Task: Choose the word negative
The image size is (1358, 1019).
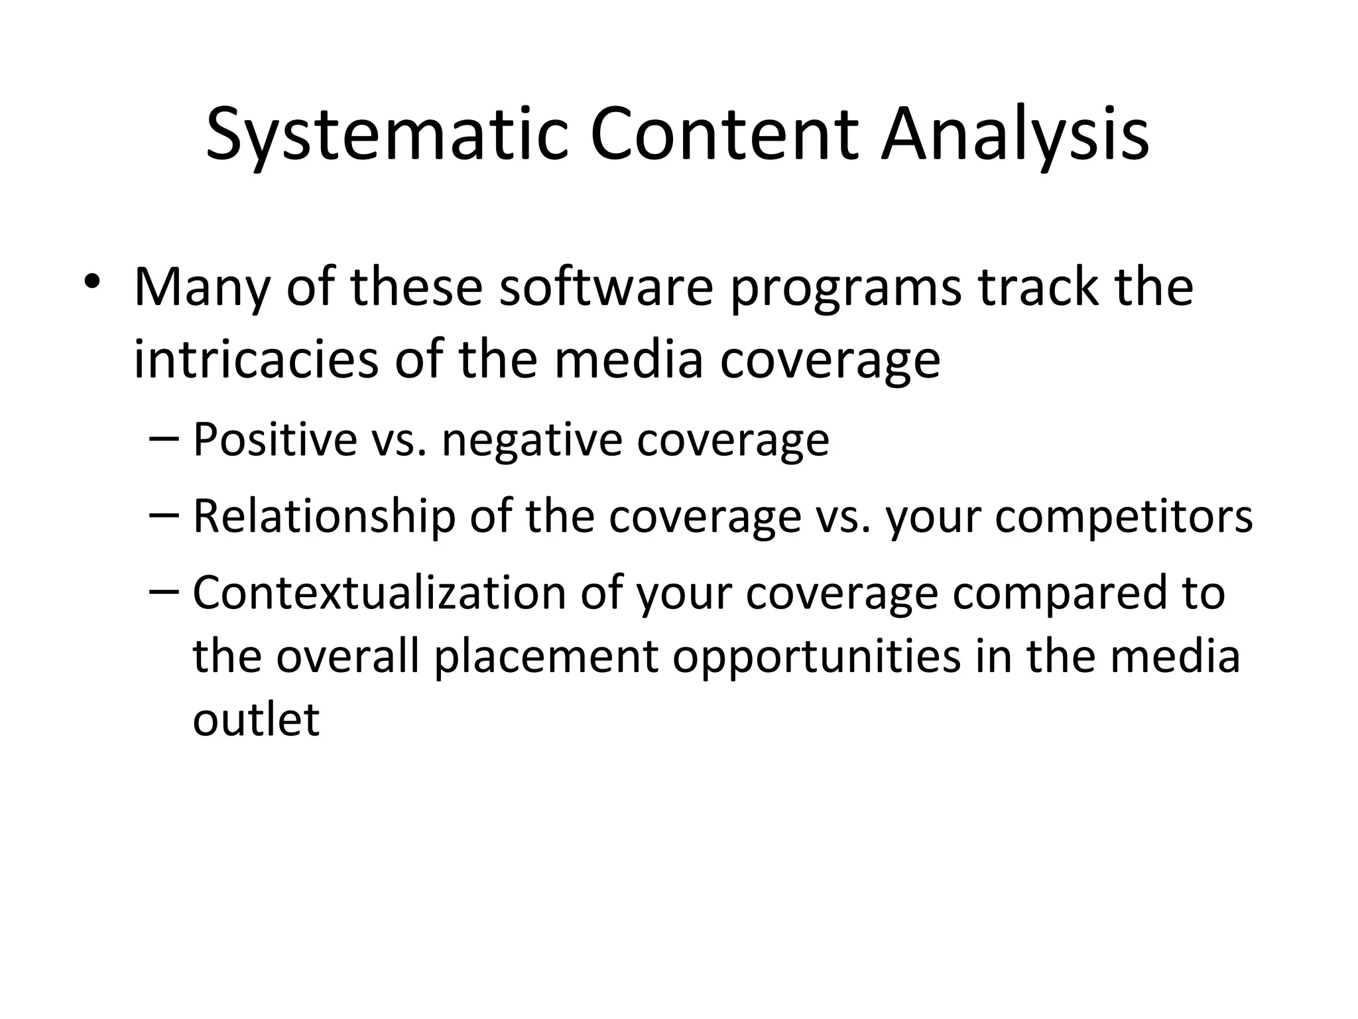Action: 531,441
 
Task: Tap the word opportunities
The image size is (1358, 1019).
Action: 816,657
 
